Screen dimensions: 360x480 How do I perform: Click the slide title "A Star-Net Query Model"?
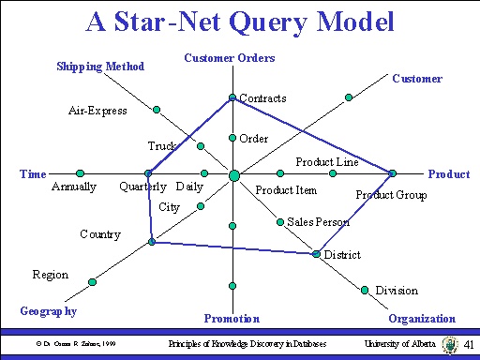click(x=239, y=22)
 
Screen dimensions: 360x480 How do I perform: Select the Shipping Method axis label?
click(x=100, y=66)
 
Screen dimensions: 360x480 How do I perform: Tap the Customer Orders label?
click(x=229, y=58)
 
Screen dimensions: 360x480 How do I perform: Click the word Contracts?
click(x=262, y=97)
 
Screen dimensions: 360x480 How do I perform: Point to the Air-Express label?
click(x=97, y=111)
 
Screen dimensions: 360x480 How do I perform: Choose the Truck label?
click(x=162, y=146)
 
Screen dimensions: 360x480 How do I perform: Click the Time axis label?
click(x=33, y=173)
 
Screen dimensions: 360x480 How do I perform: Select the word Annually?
click(x=74, y=187)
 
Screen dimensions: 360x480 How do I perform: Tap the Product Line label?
click(x=327, y=162)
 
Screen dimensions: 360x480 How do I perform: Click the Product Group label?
click(x=391, y=195)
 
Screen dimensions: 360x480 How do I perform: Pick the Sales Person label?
click(x=319, y=222)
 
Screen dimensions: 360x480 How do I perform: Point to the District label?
click(x=342, y=254)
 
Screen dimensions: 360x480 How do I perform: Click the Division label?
click(x=397, y=291)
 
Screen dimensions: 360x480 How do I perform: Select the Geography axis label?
click(x=48, y=310)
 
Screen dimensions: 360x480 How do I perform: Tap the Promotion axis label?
click(x=232, y=319)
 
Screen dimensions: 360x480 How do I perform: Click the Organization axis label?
click(x=422, y=319)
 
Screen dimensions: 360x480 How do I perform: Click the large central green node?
click(x=233, y=174)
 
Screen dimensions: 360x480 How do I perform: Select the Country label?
click(x=100, y=233)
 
